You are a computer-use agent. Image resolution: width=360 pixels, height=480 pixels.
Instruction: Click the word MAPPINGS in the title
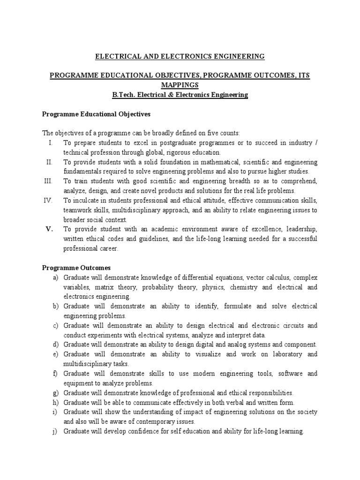click(180, 85)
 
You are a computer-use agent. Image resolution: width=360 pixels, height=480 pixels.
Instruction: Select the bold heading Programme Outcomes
click(76, 268)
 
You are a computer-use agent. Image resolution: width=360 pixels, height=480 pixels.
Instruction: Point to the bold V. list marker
click(50, 229)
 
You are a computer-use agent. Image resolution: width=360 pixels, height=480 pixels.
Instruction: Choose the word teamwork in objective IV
click(77, 210)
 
